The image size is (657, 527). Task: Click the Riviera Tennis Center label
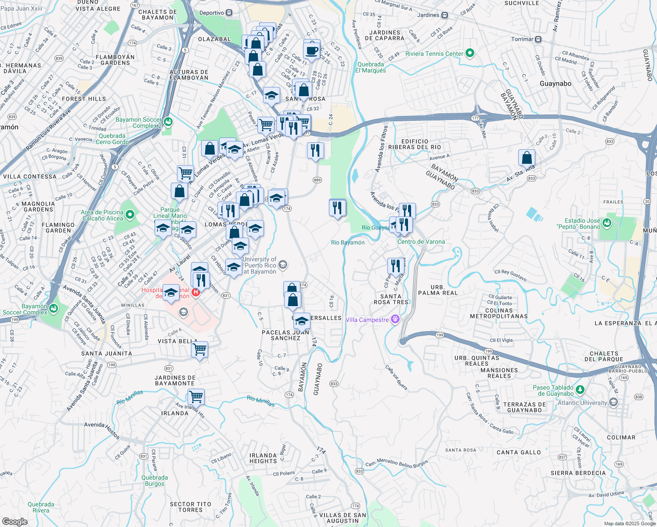pos(434,54)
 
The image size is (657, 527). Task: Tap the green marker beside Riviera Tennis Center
pos(469,54)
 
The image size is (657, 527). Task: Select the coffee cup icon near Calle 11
pos(312,50)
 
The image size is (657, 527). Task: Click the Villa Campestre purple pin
pos(395,319)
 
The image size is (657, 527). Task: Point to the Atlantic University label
pos(582,403)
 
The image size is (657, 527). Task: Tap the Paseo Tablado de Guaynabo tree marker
pos(580,390)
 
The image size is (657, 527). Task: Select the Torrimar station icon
pos(538,39)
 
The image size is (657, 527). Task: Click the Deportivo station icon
pos(229,13)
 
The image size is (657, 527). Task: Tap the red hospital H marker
pos(196,292)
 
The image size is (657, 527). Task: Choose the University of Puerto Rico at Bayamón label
pos(260,265)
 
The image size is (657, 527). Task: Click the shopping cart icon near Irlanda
pos(196,397)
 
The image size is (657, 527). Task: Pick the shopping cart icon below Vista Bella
pos(200,350)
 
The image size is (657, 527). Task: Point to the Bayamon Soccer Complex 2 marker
pos(168,122)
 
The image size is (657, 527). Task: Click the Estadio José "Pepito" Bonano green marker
pos(607,223)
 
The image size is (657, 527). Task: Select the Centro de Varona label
pos(421,242)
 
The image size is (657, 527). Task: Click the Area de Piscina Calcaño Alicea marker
pos(130,215)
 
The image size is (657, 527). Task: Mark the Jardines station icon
pos(444,15)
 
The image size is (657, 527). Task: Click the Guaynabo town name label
pos(555,83)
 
